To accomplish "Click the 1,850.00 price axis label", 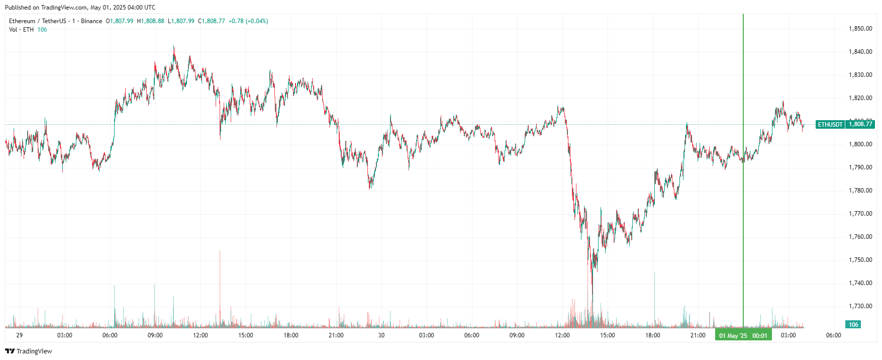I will [860, 29].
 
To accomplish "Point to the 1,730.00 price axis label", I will [860, 306].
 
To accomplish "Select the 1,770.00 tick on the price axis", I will [860, 214].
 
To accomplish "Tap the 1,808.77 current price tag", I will [860, 124].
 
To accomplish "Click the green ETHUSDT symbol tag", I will [830, 124].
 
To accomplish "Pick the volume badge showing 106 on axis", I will [853, 325].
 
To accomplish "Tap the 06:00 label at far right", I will [833, 335].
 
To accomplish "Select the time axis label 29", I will [20, 335].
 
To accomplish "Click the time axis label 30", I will [381, 335].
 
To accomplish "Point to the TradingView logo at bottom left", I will [29, 351].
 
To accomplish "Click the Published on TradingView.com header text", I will [80, 8].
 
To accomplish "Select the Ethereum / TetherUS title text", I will [37, 21].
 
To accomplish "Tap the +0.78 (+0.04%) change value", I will [248, 21].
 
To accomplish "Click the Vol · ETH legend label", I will [21, 30].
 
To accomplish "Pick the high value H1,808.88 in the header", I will [151, 21].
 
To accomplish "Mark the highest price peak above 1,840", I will [174, 47].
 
